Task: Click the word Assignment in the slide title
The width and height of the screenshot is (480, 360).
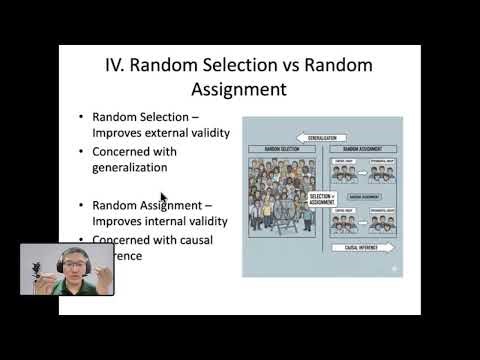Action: point(239,90)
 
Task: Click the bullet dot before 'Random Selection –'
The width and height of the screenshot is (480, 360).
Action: point(81,117)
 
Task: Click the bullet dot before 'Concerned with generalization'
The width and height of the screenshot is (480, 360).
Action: point(81,152)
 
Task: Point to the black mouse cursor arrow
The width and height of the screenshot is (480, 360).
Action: point(163,198)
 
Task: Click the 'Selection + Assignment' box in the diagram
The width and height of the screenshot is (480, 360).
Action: point(321,199)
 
